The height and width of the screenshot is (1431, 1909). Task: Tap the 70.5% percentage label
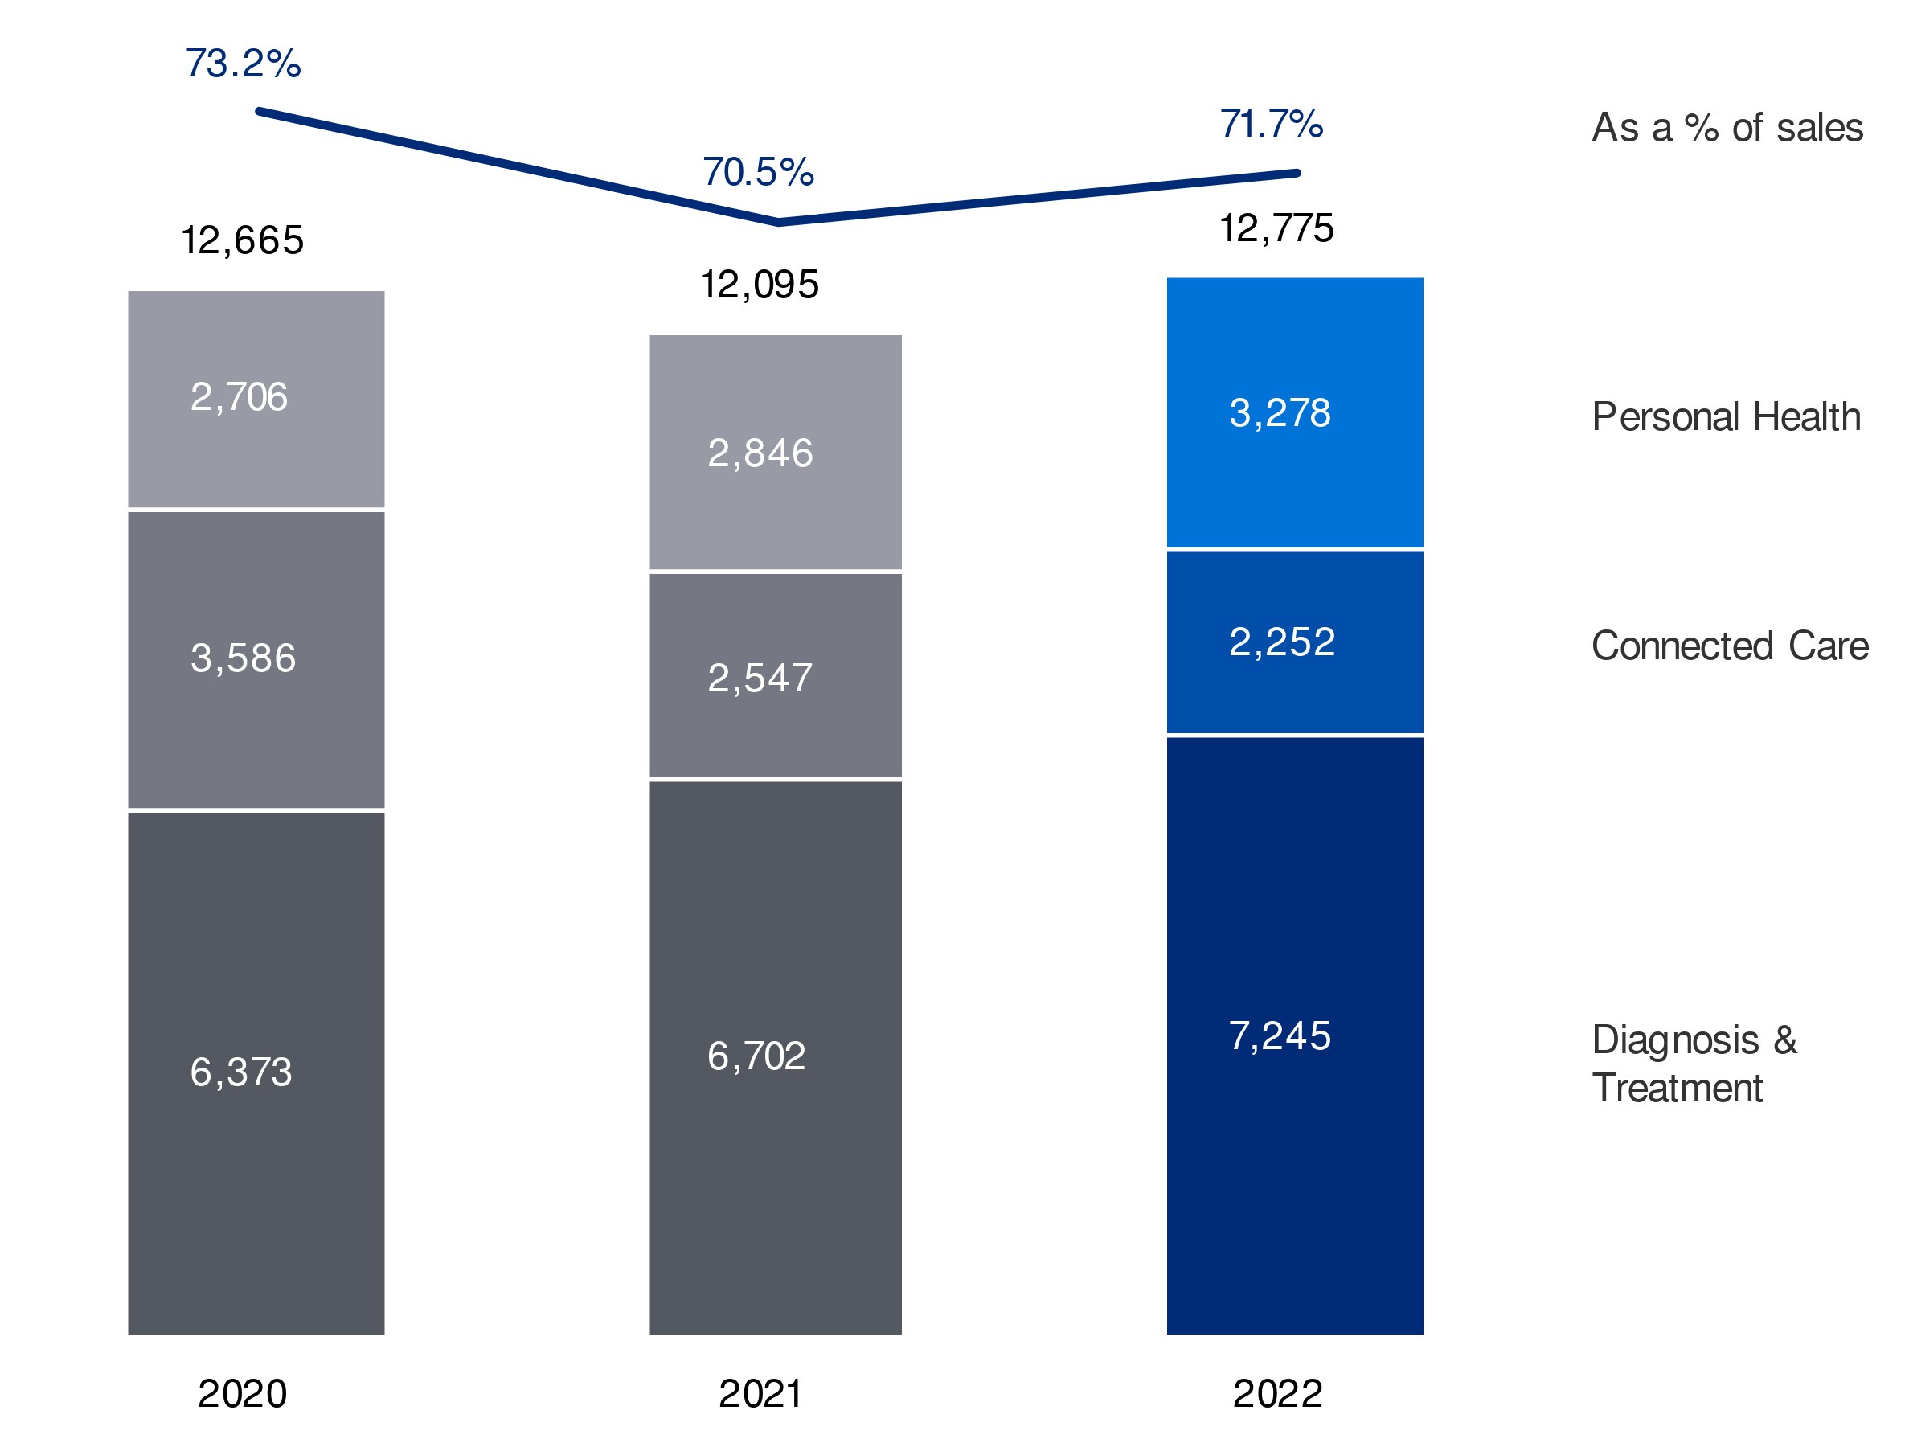(758, 173)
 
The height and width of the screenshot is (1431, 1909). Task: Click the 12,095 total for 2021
(759, 285)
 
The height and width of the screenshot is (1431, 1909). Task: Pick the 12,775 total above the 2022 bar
(1276, 228)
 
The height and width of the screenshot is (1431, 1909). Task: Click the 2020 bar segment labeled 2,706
(256, 399)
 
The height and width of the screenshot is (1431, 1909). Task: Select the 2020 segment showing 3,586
(256, 659)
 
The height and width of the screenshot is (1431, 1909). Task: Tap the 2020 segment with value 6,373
(256, 1072)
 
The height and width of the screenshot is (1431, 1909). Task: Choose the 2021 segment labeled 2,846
(775, 453)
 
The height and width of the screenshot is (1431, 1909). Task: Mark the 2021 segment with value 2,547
(775, 678)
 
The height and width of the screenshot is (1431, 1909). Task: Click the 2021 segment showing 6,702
(775, 1056)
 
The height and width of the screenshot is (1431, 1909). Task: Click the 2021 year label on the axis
(760, 1393)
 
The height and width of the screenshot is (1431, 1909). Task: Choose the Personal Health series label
(1725, 418)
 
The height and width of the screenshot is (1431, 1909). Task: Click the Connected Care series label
(1729, 646)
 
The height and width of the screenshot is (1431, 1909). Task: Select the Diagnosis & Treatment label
(1694, 1064)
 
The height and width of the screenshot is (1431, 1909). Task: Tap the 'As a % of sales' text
(1726, 129)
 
